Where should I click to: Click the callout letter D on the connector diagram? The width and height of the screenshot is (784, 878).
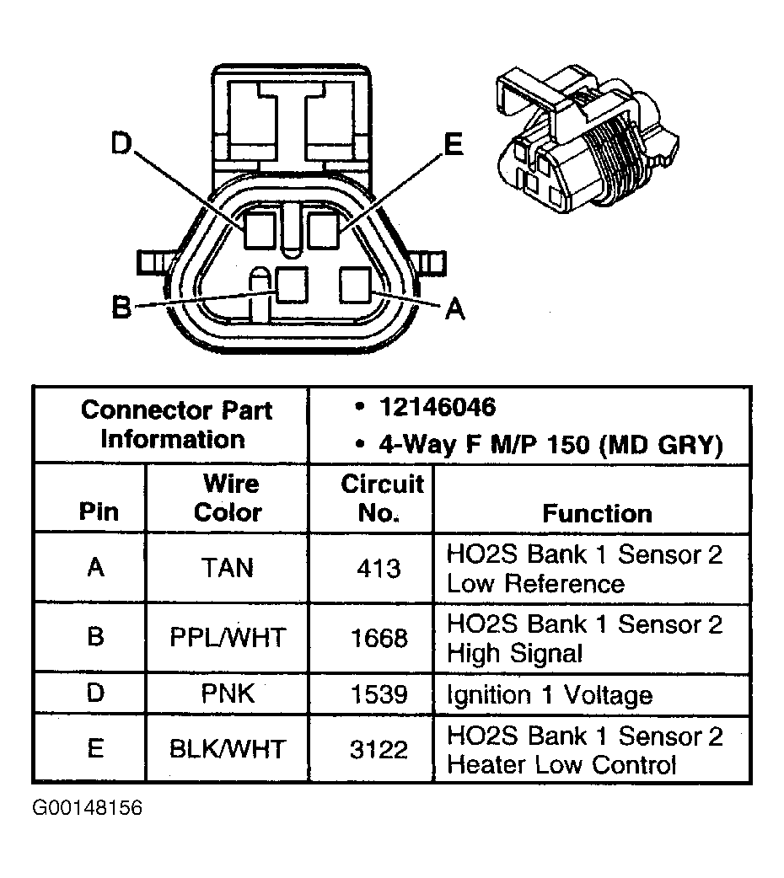pyautogui.click(x=123, y=145)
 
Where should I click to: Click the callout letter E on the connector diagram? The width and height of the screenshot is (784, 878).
pyautogui.click(x=454, y=145)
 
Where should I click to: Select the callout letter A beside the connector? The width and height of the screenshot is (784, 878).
pyautogui.click(x=454, y=309)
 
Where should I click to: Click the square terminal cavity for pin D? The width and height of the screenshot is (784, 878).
pyautogui.click(x=260, y=230)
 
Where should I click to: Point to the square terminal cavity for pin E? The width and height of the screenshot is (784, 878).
pyautogui.click(x=323, y=230)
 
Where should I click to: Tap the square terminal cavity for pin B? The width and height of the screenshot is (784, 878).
pyautogui.click(x=292, y=285)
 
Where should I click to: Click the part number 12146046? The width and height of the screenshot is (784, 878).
pyautogui.click(x=437, y=408)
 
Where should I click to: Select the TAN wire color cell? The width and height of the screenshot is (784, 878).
pyautogui.click(x=228, y=568)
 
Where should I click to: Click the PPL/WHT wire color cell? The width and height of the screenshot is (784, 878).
pyautogui.click(x=228, y=637)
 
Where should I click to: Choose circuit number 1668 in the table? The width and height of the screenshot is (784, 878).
pyautogui.click(x=379, y=637)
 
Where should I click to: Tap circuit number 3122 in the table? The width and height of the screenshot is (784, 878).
pyautogui.click(x=379, y=749)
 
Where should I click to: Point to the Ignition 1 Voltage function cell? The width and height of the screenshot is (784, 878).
pyautogui.click(x=549, y=695)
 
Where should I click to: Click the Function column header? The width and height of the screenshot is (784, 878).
pyautogui.click(x=597, y=513)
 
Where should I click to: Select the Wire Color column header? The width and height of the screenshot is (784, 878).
pyautogui.click(x=228, y=498)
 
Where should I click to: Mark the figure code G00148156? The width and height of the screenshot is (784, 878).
pyautogui.click(x=88, y=808)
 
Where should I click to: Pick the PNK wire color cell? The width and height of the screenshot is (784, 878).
pyautogui.click(x=228, y=694)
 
